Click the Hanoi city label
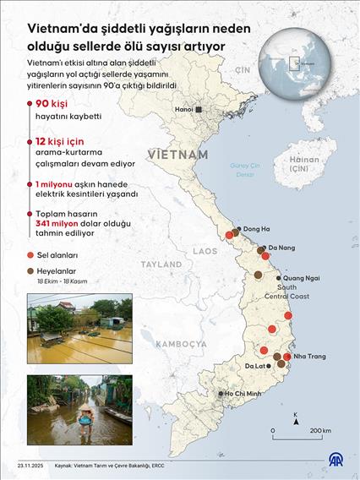pyautogui.click(x=183, y=110)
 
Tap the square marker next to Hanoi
pyautogui.click(x=199, y=110)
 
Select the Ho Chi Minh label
pyautogui.click(x=244, y=394)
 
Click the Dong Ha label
pyautogui.click(x=256, y=229)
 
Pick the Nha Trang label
pyautogui.click(x=310, y=356)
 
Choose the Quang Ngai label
pyautogui.click(x=301, y=277)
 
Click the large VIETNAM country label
pyautogui.click(x=177, y=155)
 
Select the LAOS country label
pyautogui.click(x=204, y=251)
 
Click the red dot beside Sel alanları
pyautogui.click(x=30, y=254)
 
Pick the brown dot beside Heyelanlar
pyautogui.click(x=30, y=271)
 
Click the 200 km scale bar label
pyautogui.click(x=320, y=430)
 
